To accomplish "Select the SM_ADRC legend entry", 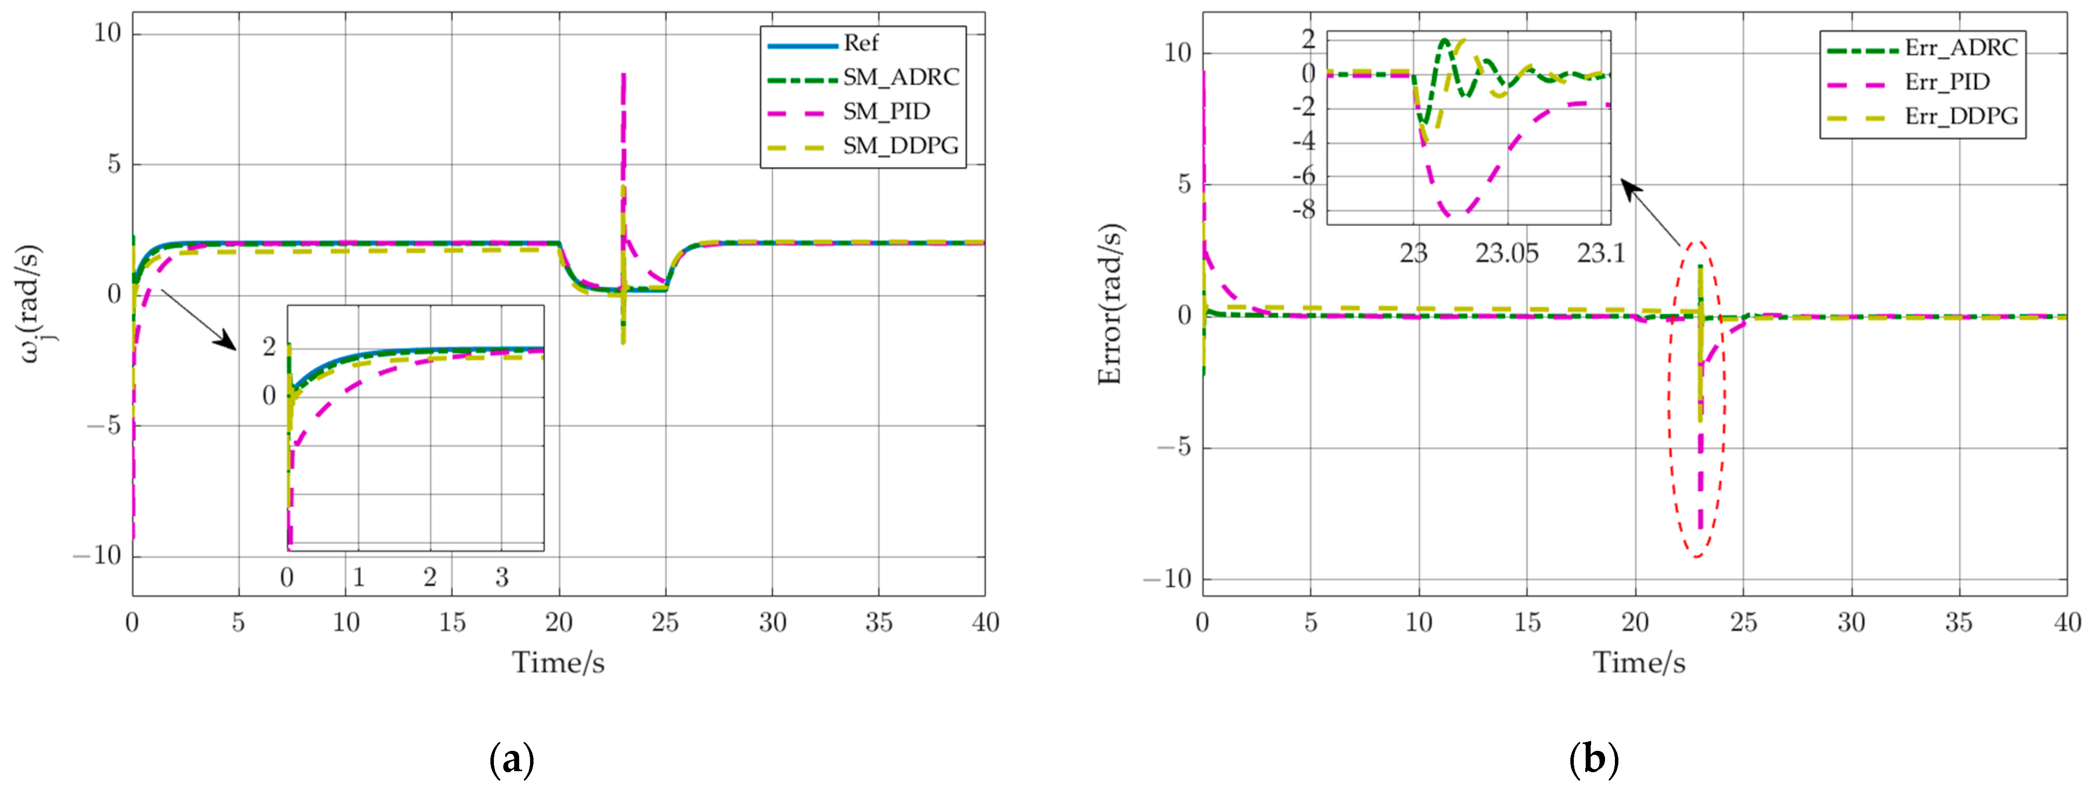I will [x=900, y=77].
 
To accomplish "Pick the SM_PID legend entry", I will [x=886, y=111].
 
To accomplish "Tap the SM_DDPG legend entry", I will [x=900, y=146].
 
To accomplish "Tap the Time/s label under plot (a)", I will [x=558, y=663].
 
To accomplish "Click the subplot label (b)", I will [x=1594, y=760].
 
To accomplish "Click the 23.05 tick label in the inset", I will [x=1506, y=254].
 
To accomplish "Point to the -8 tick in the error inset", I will [x=1303, y=211].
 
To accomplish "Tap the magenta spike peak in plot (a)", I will [x=623, y=75].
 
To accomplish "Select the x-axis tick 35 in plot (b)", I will [x=1958, y=623].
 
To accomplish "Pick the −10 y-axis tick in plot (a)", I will [x=97, y=556].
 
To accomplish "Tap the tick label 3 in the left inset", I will [x=502, y=578].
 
